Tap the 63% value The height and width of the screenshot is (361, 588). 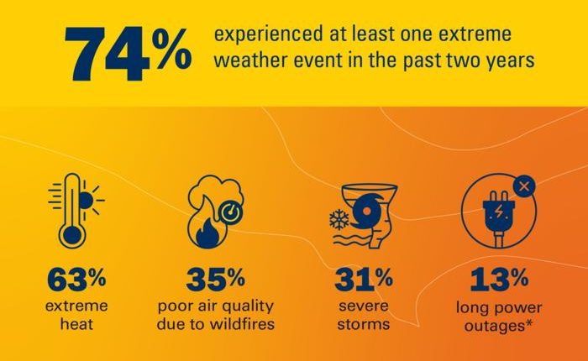[x=78, y=278]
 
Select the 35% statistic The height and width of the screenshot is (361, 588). [x=216, y=278]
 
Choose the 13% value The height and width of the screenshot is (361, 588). [x=499, y=278]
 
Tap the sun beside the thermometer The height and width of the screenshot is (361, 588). [x=87, y=200]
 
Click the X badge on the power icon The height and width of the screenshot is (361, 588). [x=522, y=186]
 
